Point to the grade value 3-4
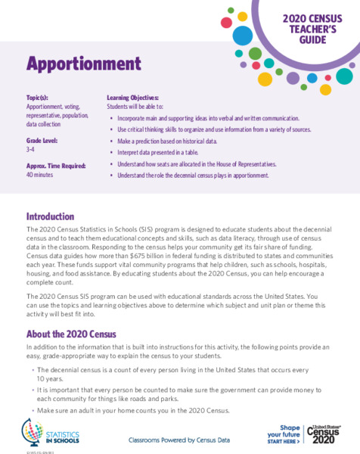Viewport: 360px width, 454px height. (x=31, y=150)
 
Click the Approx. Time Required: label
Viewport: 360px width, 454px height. (x=54, y=164)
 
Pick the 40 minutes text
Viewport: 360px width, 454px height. (x=40, y=174)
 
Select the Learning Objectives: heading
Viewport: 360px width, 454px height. (x=133, y=98)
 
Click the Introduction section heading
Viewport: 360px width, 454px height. (x=50, y=216)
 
